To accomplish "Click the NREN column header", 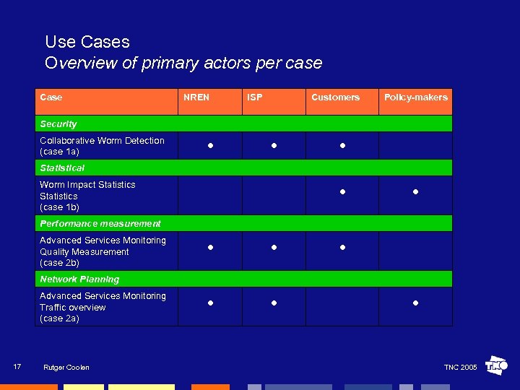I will [x=196, y=97].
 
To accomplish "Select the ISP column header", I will [x=255, y=97].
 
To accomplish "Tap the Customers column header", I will [x=335, y=97].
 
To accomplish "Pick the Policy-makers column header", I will [x=415, y=97].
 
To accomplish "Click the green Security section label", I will [x=58, y=124].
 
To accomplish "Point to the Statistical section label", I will [x=62, y=168].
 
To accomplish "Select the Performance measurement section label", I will [x=100, y=224].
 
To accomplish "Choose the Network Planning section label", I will [x=79, y=279].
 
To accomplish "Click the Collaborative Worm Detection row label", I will [x=102, y=146].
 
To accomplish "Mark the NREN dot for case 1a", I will [x=209, y=146].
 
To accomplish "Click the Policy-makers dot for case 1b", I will [x=416, y=192].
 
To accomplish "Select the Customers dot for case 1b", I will [x=343, y=192].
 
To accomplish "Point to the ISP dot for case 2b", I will [x=274, y=248].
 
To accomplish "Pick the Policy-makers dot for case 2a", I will [x=416, y=303].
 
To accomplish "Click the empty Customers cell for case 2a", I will [x=342, y=307].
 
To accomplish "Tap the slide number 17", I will [x=17, y=367].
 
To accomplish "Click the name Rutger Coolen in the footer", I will [x=66, y=368].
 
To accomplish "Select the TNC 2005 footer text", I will [x=460, y=368].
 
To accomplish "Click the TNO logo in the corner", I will [x=496, y=365].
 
